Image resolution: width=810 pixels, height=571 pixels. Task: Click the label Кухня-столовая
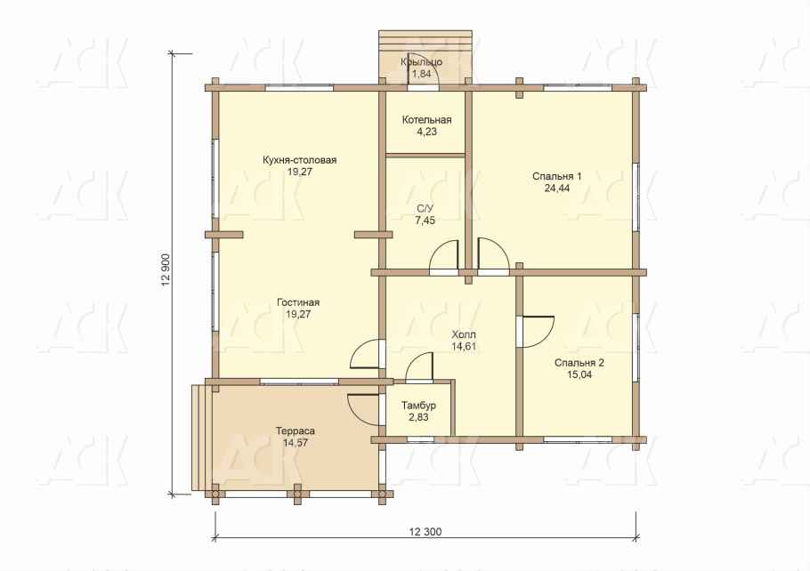[300, 160]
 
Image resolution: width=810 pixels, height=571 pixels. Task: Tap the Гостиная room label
[298, 302]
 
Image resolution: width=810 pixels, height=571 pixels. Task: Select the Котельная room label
[426, 120]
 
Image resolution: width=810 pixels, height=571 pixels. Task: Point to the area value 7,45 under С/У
[425, 221]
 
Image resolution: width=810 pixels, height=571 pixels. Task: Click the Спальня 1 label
[557, 177]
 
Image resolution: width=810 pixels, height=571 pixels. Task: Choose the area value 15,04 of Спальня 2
[579, 374]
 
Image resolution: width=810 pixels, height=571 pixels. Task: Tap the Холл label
[464, 334]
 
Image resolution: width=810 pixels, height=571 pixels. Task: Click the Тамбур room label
[418, 406]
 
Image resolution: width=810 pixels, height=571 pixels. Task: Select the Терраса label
[296, 430]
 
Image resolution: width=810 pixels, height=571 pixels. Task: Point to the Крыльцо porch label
[422, 62]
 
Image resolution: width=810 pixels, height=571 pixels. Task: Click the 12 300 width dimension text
[425, 531]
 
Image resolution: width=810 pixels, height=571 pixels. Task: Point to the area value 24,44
[557, 189]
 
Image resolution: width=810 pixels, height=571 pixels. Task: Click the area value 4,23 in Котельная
[426, 132]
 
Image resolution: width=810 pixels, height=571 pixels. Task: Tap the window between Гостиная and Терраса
[299, 382]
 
